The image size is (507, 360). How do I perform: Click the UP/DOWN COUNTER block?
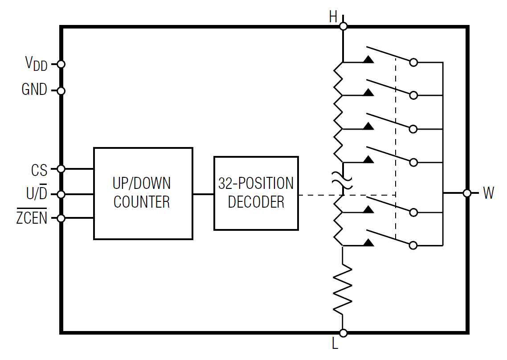(x=143, y=193)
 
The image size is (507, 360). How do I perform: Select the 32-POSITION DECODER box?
(x=256, y=193)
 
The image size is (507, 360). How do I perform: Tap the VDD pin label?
(x=36, y=64)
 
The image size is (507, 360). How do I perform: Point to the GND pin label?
(x=34, y=90)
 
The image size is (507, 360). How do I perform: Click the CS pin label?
(x=39, y=170)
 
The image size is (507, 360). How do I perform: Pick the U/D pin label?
(x=37, y=194)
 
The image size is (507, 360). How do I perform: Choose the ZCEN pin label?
(x=32, y=218)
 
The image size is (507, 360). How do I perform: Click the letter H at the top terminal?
(x=333, y=17)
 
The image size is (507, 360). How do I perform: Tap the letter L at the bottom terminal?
(x=335, y=344)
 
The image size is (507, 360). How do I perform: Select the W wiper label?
(x=488, y=193)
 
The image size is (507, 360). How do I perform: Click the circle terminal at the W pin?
(x=467, y=193)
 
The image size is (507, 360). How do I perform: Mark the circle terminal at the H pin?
(x=343, y=26)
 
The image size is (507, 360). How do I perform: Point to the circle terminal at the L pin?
(x=343, y=333)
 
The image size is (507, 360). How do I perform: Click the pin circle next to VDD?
(x=61, y=64)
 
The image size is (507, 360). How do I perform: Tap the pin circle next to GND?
(x=61, y=91)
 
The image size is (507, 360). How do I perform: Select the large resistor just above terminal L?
(x=343, y=289)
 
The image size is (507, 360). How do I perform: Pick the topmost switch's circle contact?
(x=413, y=62)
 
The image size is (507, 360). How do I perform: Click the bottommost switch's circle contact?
(x=413, y=245)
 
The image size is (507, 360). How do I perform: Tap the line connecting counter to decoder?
(x=203, y=194)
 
